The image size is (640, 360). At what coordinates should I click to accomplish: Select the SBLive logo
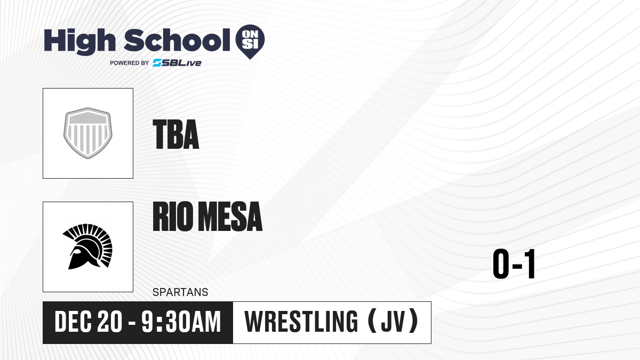click(177, 63)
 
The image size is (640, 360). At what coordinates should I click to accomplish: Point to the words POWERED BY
click(129, 63)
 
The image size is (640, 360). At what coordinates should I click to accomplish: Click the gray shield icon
click(88, 133)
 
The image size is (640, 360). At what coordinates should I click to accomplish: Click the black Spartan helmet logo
click(88, 246)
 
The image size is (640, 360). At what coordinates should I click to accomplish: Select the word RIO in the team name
click(171, 217)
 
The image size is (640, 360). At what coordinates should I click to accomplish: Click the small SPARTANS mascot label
click(180, 292)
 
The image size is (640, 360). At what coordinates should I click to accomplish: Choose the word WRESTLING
click(301, 322)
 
